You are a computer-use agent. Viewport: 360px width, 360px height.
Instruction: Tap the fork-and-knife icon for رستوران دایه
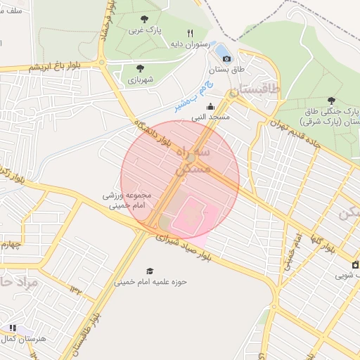pos(190,33)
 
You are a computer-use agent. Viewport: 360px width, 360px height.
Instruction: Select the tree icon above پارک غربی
pos(145,19)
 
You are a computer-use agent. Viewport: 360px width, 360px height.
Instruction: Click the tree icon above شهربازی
pos(140,68)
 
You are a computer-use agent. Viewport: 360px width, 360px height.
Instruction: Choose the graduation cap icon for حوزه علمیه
pos(149,271)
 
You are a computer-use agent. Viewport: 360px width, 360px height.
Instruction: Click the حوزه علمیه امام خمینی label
pos(150,283)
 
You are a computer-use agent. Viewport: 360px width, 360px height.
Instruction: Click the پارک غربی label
pos(145,32)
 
